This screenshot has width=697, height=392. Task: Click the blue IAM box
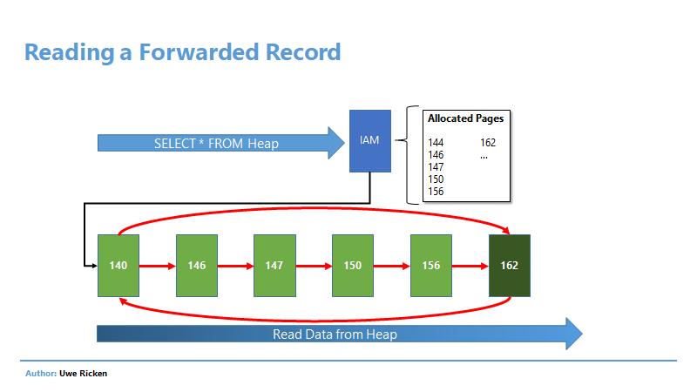click(x=369, y=141)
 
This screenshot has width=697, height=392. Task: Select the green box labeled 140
click(x=118, y=266)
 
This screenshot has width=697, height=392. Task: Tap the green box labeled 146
click(x=197, y=266)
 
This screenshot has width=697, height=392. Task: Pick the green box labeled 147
click(x=274, y=266)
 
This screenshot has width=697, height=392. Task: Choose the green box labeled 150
click(x=353, y=266)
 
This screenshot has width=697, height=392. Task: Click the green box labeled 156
click(x=431, y=266)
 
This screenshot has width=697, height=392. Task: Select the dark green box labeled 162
click(x=510, y=266)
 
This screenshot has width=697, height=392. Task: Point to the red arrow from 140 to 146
click(x=158, y=266)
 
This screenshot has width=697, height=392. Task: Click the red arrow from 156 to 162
click(x=470, y=266)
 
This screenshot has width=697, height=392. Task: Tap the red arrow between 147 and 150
click(x=314, y=266)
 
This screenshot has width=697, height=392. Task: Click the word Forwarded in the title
click(x=200, y=52)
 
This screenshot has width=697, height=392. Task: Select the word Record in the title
click(x=303, y=52)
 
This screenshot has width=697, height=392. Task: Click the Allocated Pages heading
click(x=466, y=118)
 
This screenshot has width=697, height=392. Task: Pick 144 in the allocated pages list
click(x=436, y=143)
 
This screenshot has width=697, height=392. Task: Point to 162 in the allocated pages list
click(x=488, y=143)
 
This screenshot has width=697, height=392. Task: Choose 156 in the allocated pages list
click(x=436, y=192)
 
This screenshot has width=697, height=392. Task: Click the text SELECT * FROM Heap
click(x=216, y=144)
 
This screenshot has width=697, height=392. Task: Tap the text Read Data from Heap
click(x=335, y=335)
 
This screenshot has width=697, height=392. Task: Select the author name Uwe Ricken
click(x=83, y=374)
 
